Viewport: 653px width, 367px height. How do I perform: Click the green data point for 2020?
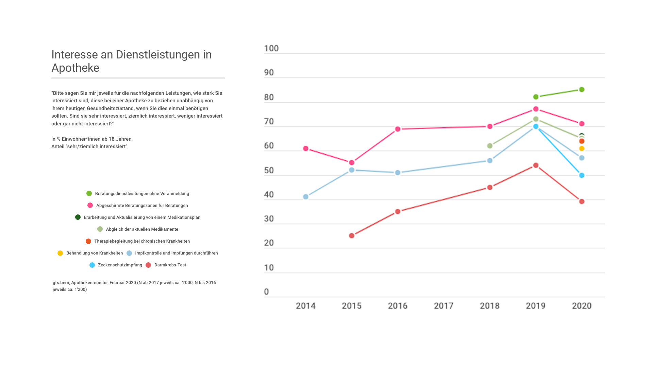point(582,90)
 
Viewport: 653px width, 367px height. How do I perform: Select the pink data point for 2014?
point(305,148)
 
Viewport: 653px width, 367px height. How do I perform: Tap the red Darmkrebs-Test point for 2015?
point(352,235)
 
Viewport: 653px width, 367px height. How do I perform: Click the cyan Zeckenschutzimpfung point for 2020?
point(582,175)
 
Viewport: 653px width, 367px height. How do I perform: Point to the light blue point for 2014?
point(305,197)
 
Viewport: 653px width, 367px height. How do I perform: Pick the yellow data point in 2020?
point(582,148)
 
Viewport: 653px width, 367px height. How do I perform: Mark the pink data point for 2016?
point(398,129)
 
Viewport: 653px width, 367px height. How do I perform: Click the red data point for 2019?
point(536,165)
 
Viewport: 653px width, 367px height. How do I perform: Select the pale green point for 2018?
point(490,146)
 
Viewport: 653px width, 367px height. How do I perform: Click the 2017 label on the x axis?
point(443,306)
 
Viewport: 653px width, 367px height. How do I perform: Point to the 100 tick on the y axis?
point(271,49)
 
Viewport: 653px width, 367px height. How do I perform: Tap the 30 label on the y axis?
point(269,219)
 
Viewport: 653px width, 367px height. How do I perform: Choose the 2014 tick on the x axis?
point(305,306)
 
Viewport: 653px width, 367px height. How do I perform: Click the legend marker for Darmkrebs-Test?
point(148,265)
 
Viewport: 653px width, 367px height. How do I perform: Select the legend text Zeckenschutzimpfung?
point(120,265)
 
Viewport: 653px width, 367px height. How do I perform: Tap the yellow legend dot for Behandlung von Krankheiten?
point(60,253)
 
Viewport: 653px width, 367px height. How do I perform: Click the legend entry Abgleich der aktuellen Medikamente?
point(142,229)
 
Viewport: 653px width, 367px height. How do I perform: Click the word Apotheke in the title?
point(75,68)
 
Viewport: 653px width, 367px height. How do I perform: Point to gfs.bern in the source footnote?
point(61,283)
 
